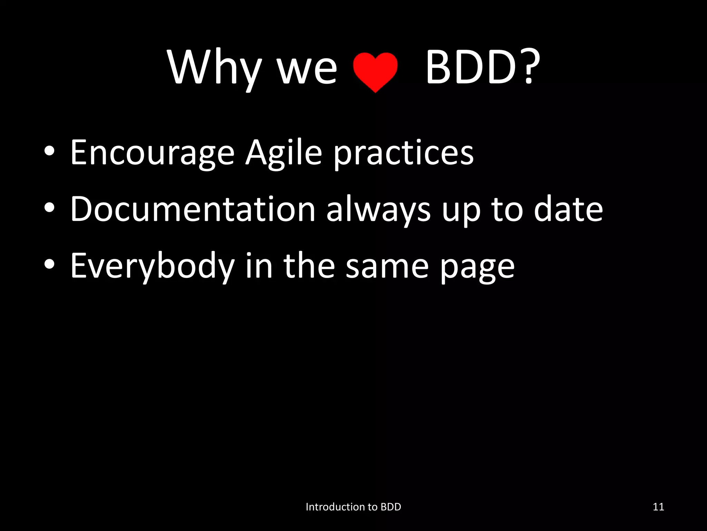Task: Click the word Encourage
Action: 152,152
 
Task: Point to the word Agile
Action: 283,152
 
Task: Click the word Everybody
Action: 152,266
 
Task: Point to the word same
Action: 387,266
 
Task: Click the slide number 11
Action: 658,507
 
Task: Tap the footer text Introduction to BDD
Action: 353,507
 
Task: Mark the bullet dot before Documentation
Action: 49,209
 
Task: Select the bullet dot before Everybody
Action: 49,265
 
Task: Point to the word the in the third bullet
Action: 309,266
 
